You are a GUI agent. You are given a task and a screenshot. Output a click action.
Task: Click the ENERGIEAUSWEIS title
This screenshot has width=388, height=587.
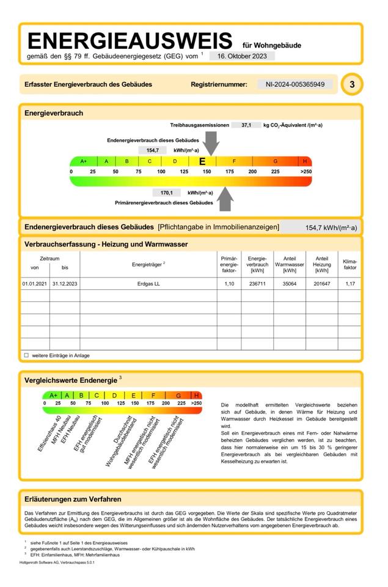130,41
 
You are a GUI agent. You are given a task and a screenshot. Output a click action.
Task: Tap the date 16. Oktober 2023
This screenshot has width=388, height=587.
242,56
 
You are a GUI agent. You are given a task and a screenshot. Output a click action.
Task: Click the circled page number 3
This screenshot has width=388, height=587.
352,84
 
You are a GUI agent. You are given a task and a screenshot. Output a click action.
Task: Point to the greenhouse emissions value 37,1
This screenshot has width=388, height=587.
246,125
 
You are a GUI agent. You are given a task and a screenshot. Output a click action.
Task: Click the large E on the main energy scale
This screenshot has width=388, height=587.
202,161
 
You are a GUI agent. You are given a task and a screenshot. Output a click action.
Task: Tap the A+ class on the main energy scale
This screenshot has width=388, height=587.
83,161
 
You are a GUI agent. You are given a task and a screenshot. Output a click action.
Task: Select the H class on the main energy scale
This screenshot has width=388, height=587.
305,161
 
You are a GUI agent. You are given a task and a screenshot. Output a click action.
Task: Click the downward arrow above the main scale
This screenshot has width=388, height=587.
210,144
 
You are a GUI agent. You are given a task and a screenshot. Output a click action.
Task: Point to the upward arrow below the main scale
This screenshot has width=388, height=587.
225,197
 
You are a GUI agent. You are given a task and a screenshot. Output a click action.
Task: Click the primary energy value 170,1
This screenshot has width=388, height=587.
167,193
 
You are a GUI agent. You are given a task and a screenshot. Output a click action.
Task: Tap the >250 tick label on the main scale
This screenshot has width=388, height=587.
306,172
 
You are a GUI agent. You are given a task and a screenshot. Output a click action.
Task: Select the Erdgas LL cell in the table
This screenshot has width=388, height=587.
148,284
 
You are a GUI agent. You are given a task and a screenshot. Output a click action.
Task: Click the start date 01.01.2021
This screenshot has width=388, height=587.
35,284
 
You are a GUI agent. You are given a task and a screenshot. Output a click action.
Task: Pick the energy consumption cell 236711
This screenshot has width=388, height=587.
257,284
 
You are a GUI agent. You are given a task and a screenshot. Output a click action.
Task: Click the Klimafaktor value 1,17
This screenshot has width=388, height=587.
350,284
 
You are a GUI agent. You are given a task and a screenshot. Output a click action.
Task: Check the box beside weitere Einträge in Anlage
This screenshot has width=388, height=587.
26,355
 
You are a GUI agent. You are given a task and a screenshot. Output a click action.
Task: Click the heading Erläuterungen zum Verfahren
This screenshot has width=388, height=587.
73,500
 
